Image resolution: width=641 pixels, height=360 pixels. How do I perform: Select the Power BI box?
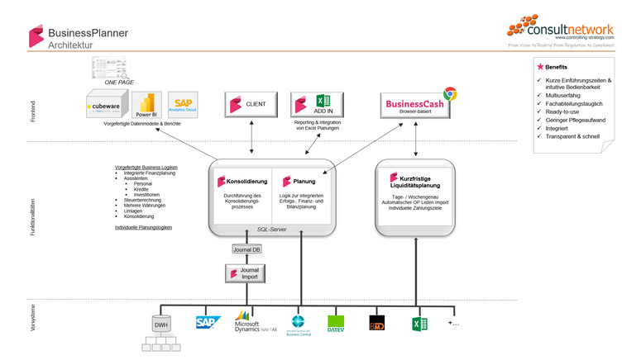tap(146, 107)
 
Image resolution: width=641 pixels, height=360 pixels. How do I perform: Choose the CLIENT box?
tap(251, 105)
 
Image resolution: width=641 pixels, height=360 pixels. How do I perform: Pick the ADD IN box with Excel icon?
tap(312, 105)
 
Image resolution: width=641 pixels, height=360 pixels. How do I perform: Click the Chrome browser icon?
tap(450, 94)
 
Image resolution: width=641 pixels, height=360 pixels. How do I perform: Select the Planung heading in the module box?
tap(304, 181)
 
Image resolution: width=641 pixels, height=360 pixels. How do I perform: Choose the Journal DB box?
tap(246, 249)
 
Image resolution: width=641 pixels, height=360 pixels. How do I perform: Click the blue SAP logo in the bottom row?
tap(207, 322)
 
